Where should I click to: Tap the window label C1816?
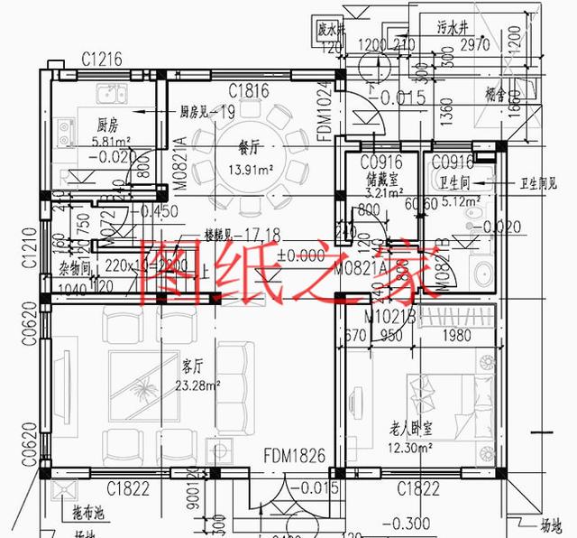[x=249, y=89]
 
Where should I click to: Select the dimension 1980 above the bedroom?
[x=461, y=337]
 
